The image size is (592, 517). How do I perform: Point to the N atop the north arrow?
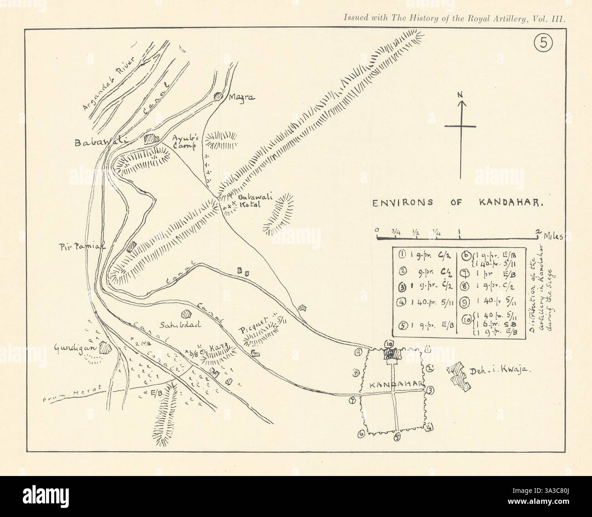[x=461, y=95]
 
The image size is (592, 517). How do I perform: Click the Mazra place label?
[x=241, y=97]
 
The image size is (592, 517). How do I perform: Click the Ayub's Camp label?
[x=184, y=143]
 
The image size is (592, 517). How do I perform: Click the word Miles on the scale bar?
[x=552, y=237]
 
